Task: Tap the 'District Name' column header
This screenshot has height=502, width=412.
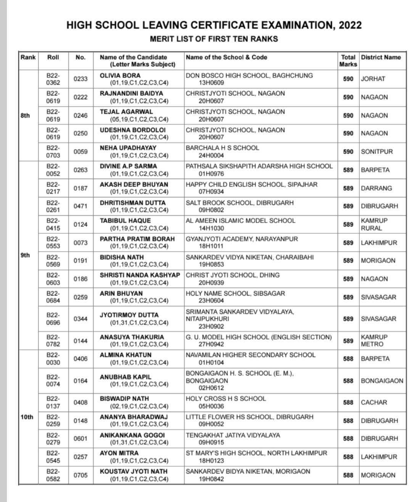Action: tap(381, 57)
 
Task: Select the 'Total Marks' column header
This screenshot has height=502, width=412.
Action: tap(348, 61)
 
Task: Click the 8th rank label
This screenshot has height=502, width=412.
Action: tap(25, 115)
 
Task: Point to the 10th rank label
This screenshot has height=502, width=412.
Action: tap(27, 417)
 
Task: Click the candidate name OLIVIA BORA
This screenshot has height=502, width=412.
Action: tap(120, 75)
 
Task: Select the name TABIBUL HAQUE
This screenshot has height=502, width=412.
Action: tap(125, 220)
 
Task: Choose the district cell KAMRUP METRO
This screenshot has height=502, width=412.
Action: tap(374, 340)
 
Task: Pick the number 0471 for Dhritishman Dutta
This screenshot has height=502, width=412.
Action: tap(80, 206)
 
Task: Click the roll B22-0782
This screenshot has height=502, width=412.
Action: tap(53, 340)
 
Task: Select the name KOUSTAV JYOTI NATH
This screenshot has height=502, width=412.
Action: tap(134, 471)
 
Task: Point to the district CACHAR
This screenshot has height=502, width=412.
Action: tap(374, 402)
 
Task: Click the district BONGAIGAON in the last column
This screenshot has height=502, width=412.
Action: tap(381, 381)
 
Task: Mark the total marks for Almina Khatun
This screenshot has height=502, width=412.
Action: tap(348, 359)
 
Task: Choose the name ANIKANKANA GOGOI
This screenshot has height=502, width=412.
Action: tap(132, 435)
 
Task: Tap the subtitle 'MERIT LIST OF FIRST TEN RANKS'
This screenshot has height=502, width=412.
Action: tap(214, 39)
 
